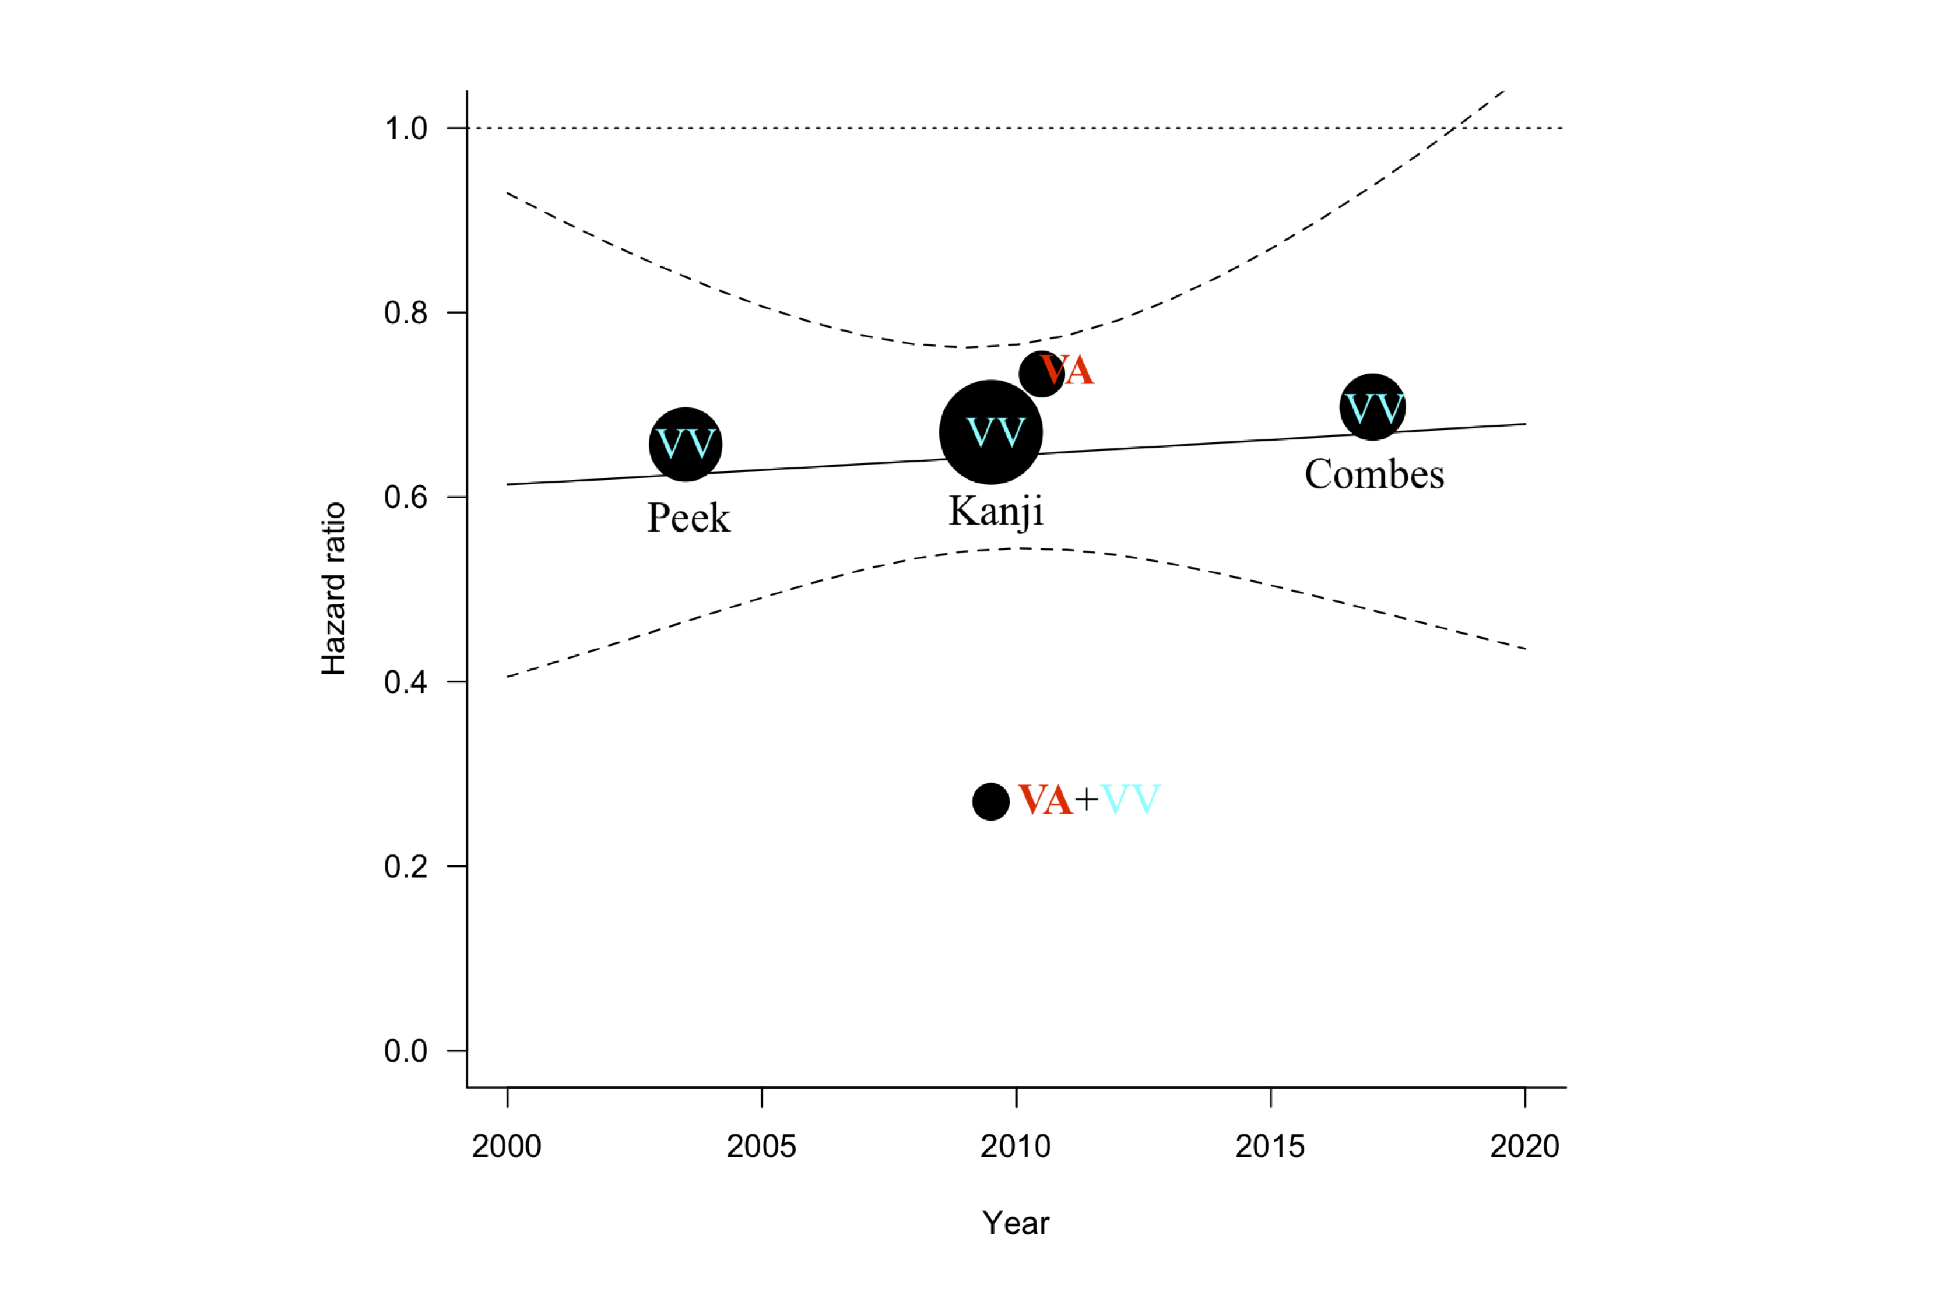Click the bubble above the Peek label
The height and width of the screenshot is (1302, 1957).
pyautogui.click(x=686, y=444)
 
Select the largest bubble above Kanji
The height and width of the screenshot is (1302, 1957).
pyautogui.click(x=991, y=432)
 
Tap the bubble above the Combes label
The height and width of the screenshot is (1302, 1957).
pyautogui.click(x=1372, y=407)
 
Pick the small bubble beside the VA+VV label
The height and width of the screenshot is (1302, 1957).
pyautogui.click(x=991, y=801)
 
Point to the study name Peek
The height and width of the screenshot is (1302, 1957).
pyautogui.click(x=688, y=518)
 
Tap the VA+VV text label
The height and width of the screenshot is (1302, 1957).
pyautogui.click(x=1088, y=800)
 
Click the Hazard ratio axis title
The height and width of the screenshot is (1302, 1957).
pyautogui.click(x=333, y=589)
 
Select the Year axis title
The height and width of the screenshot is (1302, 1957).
pyautogui.click(x=1015, y=1223)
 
